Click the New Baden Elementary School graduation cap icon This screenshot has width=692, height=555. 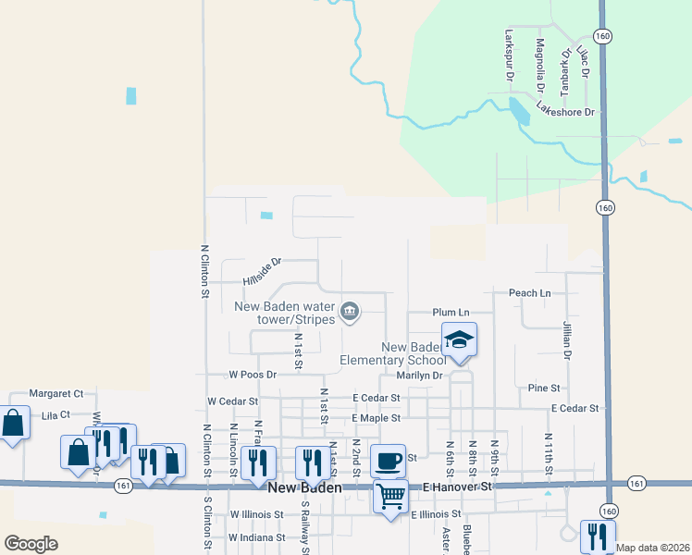click(459, 340)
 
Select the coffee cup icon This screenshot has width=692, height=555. click(389, 459)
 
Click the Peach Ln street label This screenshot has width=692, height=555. click(529, 293)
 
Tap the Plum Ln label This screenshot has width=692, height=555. click(451, 313)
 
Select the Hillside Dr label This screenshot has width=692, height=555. click(261, 271)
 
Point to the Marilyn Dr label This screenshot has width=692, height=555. click(420, 376)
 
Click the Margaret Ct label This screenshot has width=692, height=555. click(56, 393)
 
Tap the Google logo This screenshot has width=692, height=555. click(31, 544)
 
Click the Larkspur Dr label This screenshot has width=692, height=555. click(509, 55)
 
